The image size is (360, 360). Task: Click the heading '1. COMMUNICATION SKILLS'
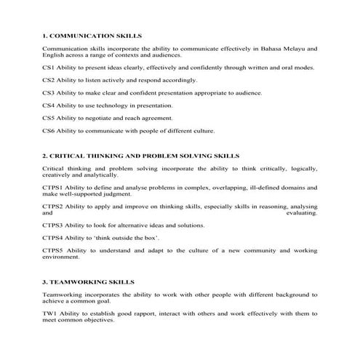92,35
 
